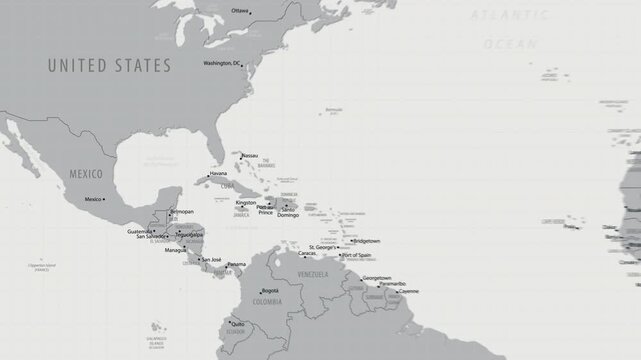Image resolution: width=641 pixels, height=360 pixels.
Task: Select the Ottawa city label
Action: click(x=239, y=10)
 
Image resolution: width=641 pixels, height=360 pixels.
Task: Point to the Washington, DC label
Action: click(x=221, y=63)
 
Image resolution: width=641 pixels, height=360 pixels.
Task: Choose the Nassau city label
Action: click(x=250, y=155)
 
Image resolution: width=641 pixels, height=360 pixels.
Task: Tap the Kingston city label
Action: click(x=245, y=203)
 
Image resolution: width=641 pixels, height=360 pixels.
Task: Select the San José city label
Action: click(x=211, y=260)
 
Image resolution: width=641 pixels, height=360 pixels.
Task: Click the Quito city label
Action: click(x=237, y=323)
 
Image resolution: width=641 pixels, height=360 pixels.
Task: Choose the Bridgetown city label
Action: click(x=367, y=240)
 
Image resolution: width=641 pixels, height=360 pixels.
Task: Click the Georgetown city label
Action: click(x=376, y=277)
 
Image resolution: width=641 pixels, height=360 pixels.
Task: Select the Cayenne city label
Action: click(x=408, y=291)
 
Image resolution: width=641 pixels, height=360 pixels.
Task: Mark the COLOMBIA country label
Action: click(x=266, y=300)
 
